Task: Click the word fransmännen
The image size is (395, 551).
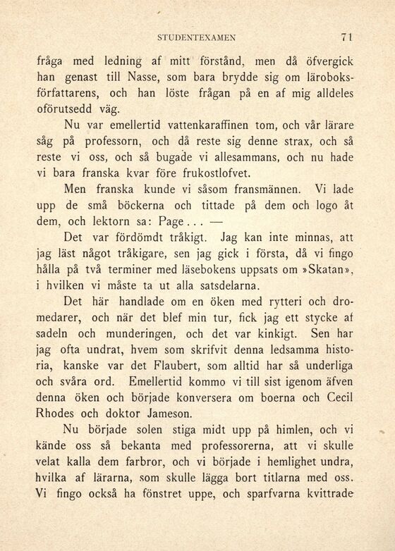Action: tap(251, 190)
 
